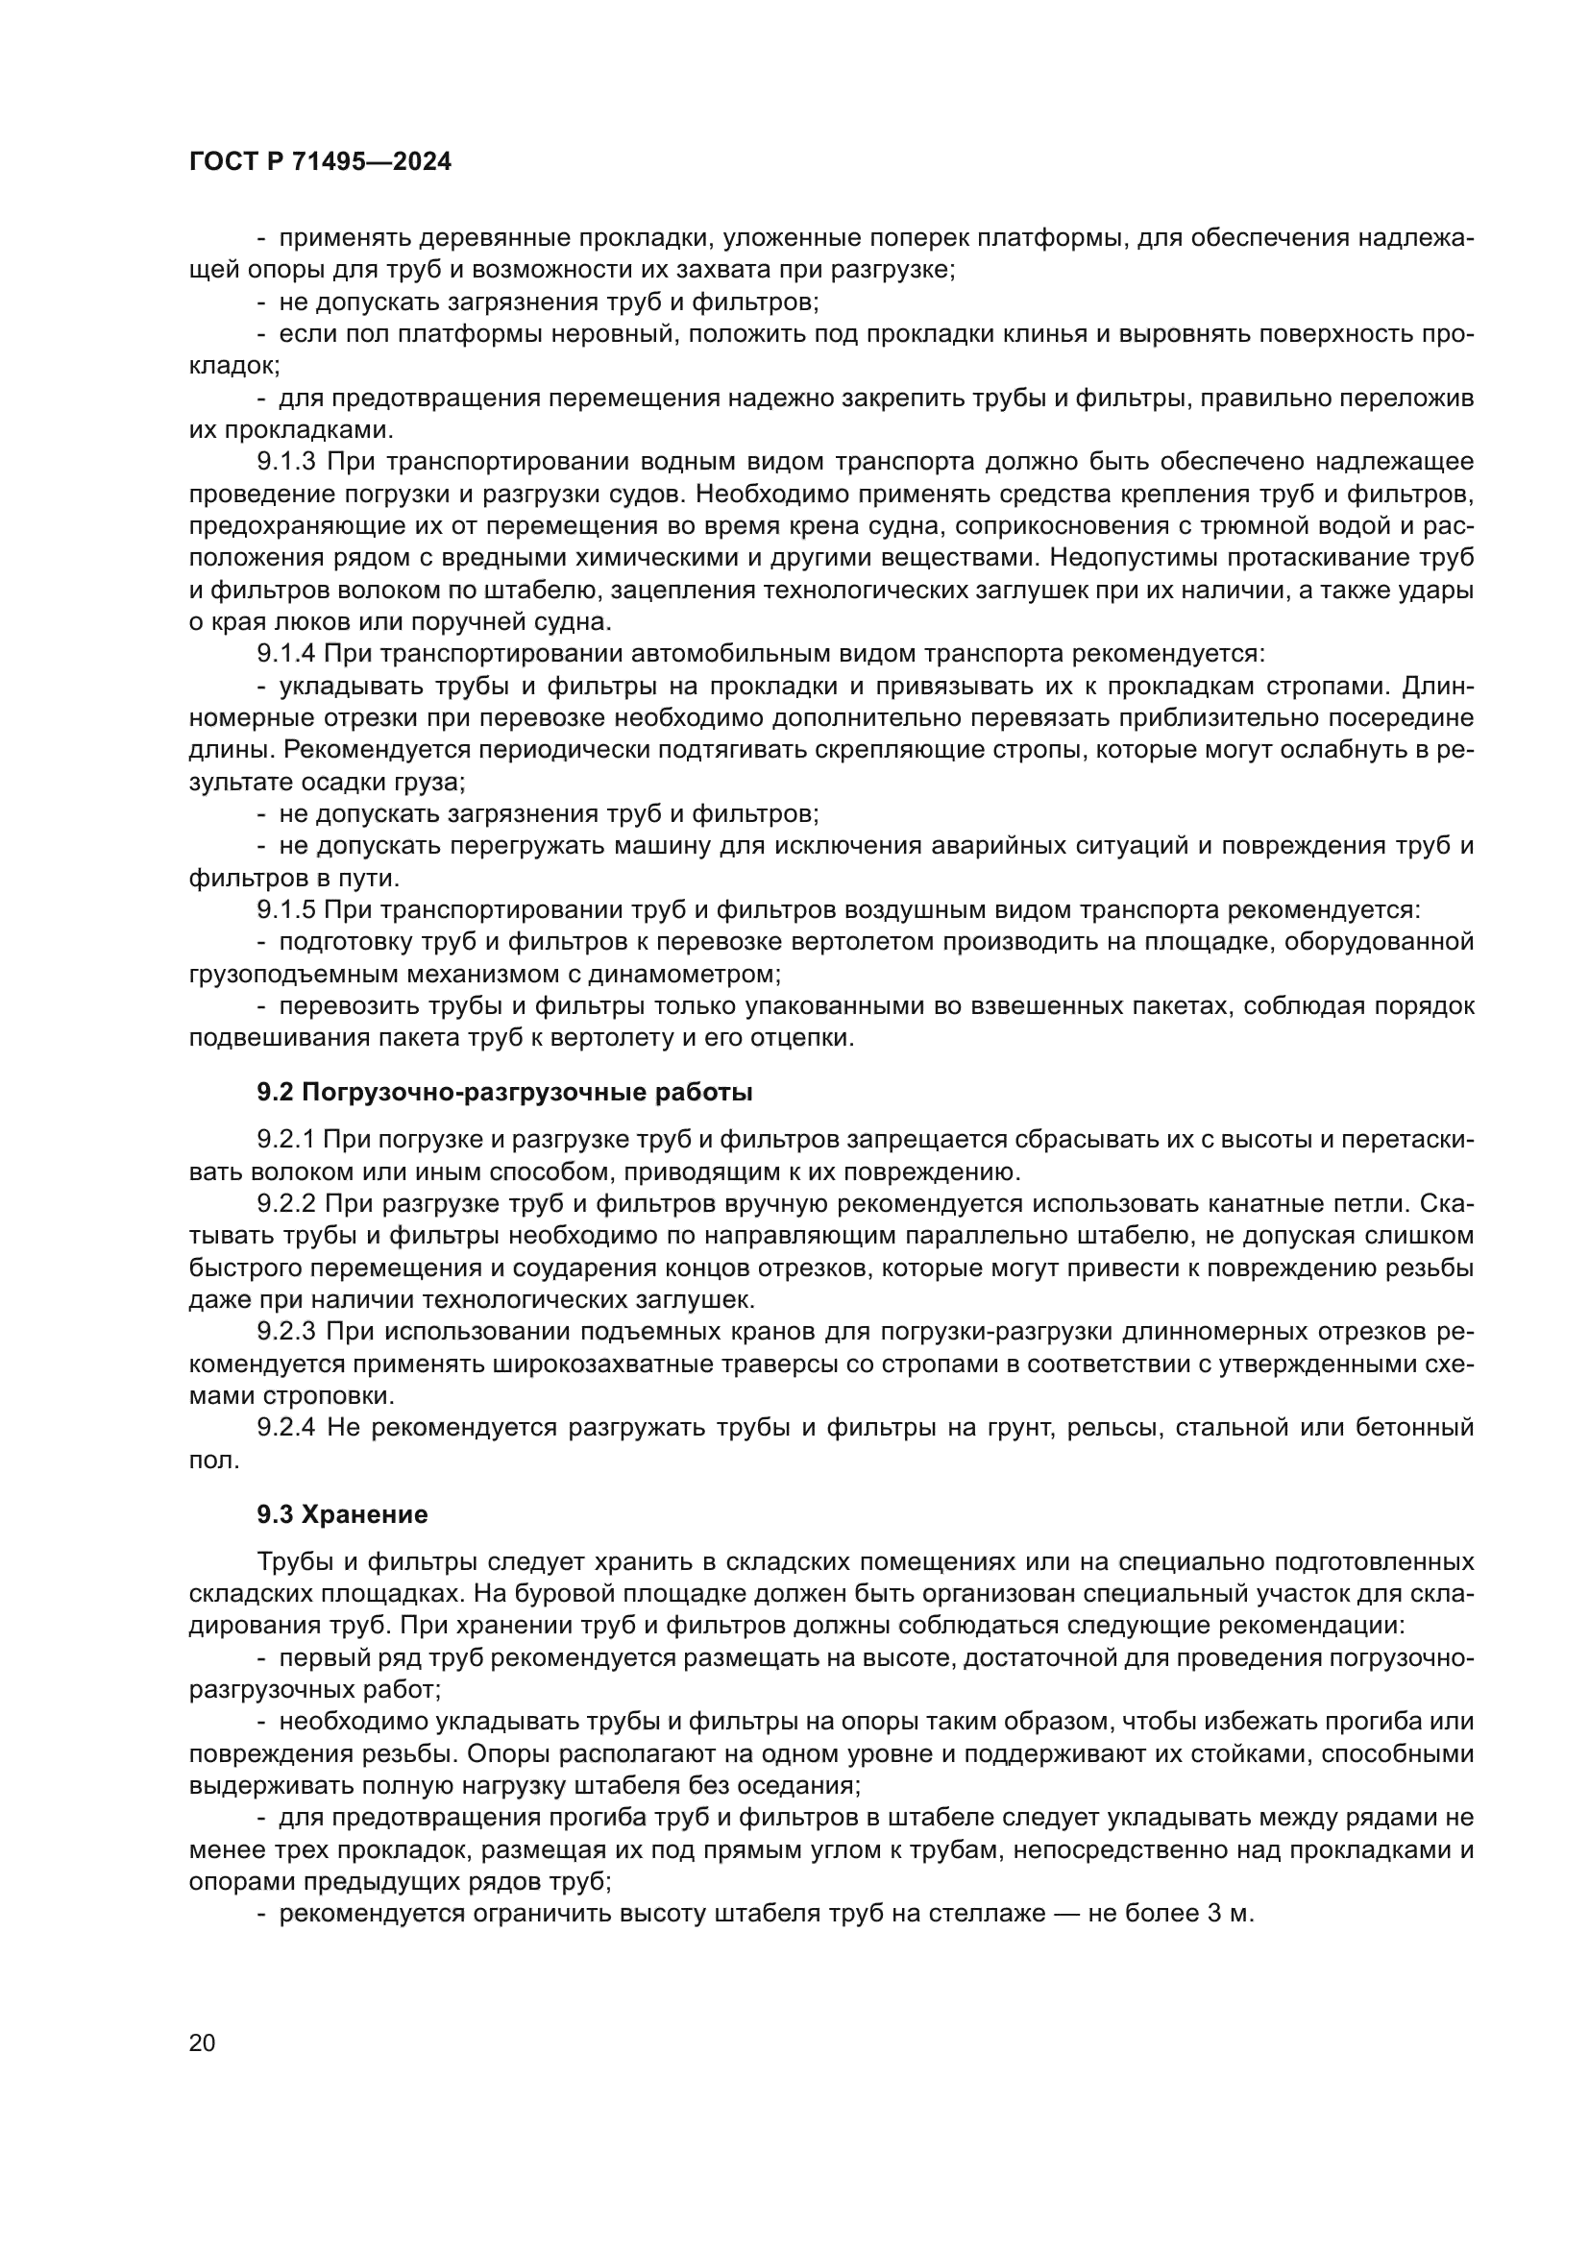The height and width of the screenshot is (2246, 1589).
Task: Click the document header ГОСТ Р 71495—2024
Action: pyautogui.click(x=320, y=162)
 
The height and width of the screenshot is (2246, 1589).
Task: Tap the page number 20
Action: pyautogui.click(x=202, y=2042)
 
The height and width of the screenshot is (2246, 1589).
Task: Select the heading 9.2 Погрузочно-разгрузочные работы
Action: pyautogui.click(x=505, y=1092)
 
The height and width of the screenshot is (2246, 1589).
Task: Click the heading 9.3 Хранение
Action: pyautogui.click(x=342, y=1514)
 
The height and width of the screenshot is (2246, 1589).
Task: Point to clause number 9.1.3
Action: pyautogui.click(x=285, y=461)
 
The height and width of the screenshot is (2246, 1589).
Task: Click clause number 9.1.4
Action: pyautogui.click(x=285, y=652)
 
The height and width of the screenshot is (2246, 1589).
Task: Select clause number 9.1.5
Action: pyautogui.click(x=285, y=909)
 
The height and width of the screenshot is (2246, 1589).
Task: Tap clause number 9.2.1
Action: pyautogui.click(x=285, y=1139)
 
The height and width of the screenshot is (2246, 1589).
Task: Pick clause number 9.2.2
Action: pyautogui.click(x=285, y=1203)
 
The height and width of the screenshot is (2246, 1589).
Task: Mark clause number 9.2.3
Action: pyautogui.click(x=285, y=1331)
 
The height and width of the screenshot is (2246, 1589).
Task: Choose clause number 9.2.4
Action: pyautogui.click(x=285, y=1427)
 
